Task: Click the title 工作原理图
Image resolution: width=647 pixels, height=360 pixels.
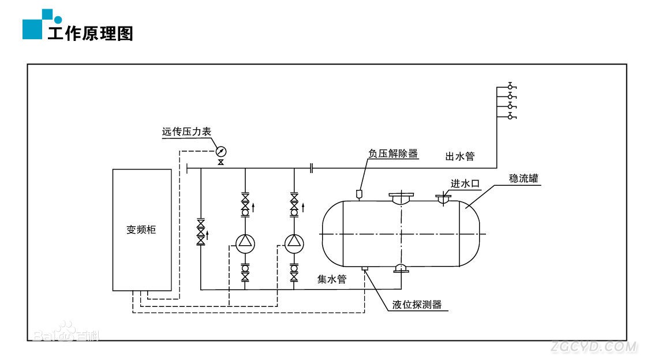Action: pyautogui.click(x=90, y=33)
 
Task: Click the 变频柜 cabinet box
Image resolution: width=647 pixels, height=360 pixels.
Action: pyautogui.click(x=142, y=230)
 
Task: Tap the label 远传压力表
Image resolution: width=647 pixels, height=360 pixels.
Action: pyautogui.click(x=186, y=132)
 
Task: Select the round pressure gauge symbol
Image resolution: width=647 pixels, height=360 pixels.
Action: pyautogui.click(x=220, y=152)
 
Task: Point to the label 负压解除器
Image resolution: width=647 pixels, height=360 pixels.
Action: pyautogui.click(x=393, y=154)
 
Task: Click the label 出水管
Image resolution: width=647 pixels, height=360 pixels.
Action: pyautogui.click(x=459, y=156)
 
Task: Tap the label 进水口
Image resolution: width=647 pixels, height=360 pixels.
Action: pyautogui.click(x=465, y=183)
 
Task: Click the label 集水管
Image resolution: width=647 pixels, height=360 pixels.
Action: pyautogui.click(x=332, y=279)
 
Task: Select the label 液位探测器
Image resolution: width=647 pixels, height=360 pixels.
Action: pyautogui.click(x=417, y=305)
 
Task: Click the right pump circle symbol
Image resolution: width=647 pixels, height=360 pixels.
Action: pyautogui.click(x=294, y=243)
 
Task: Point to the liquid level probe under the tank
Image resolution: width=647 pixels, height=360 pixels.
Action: pyautogui.click(x=364, y=268)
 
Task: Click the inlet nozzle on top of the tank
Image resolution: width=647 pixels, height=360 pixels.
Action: pyautogui.click(x=443, y=199)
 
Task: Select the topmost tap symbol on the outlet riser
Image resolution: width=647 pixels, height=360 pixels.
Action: pyautogui.click(x=510, y=86)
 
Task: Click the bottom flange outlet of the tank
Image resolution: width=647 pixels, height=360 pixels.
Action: pyautogui.click(x=400, y=268)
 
